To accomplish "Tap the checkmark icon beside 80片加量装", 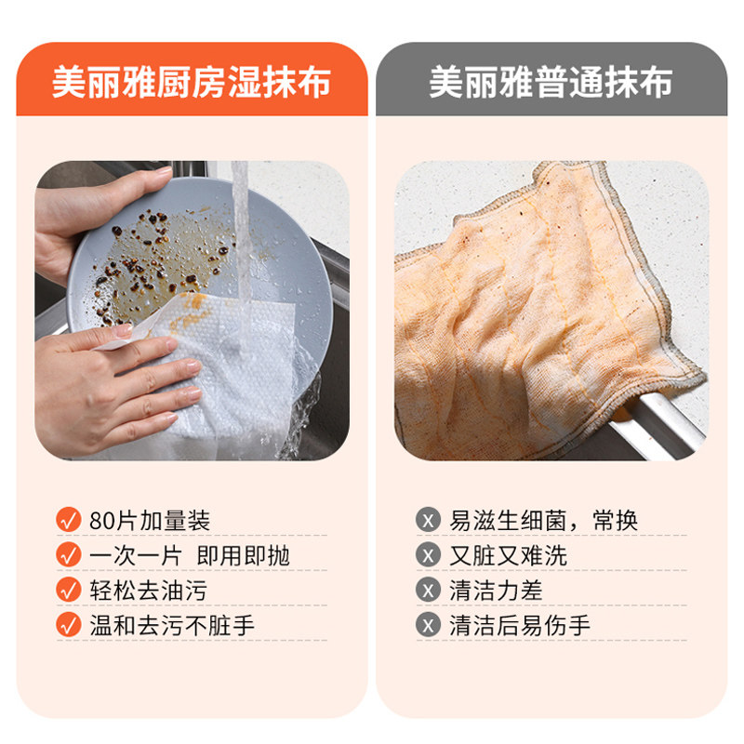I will click(69, 520).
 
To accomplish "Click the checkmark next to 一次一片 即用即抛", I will click(69, 555).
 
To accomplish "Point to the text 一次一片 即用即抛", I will click(190, 556).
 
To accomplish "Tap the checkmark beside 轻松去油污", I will click(69, 590).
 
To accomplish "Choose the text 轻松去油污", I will click(148, 591).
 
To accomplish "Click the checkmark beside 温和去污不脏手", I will click(69, 625).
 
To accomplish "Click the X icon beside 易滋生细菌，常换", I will click(428, 520).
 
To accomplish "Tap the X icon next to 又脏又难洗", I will click(428, 555).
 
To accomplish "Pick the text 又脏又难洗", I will click(509, 556).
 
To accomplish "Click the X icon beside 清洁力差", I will click(428, 590).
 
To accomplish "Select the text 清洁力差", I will click(497, 591).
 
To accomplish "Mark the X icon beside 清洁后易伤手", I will click(428, 625).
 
